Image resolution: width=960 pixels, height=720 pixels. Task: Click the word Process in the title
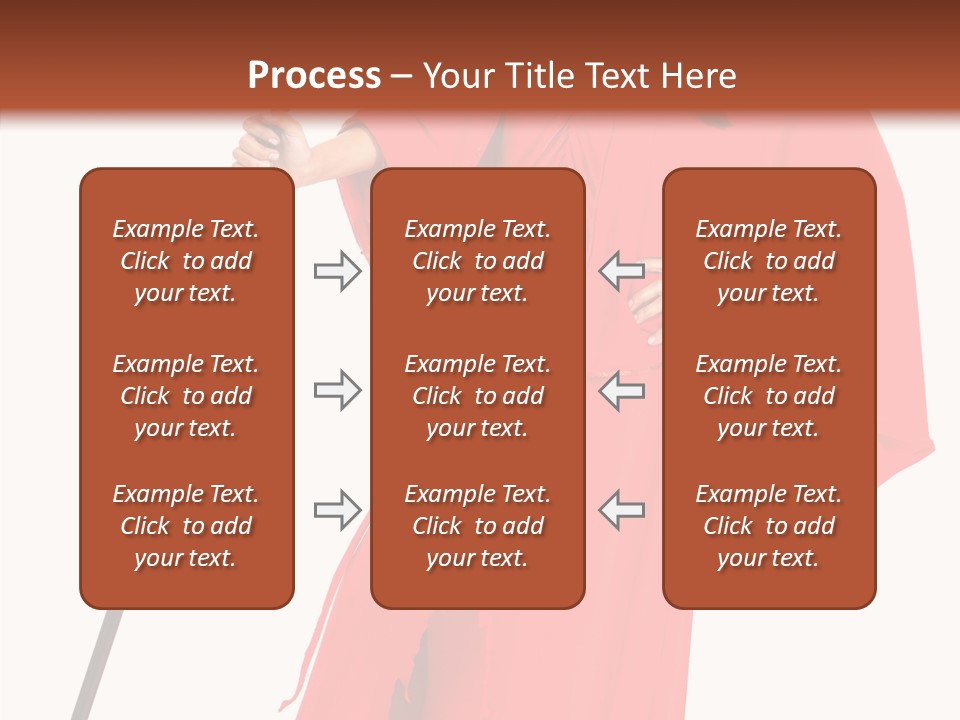[x=314, y=76]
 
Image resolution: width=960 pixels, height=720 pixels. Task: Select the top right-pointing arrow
[x=337, y=271]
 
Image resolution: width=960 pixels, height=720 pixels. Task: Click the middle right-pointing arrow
[x=337, y=390]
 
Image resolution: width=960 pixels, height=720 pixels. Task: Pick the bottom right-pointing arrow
[x=337, y=510]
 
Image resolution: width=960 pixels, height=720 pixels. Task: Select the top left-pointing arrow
[x=621, y=271]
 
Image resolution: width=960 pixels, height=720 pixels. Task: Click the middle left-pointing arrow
[x=621, y=390]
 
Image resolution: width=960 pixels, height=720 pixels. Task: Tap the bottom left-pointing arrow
[x=621, y=510]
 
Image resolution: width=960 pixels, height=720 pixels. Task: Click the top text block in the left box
[x=186, y=261]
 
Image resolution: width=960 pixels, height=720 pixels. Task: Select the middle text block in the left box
[x=186, y=396]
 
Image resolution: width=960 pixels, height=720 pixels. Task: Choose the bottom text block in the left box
[x=186, y=526]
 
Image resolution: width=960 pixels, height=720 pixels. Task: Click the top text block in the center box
[x=478, y=261]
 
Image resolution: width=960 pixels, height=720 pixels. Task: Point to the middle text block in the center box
[x=478, y=396]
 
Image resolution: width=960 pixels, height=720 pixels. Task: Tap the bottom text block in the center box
[x=478, y=526]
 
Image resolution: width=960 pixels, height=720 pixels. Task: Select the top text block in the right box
[x=769, y=261]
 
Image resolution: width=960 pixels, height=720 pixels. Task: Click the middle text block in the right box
[x=769, y=396]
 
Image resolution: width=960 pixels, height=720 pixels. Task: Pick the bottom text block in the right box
[x=769, y=526]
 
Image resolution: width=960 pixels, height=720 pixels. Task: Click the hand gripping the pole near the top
[x=262, y=141]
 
